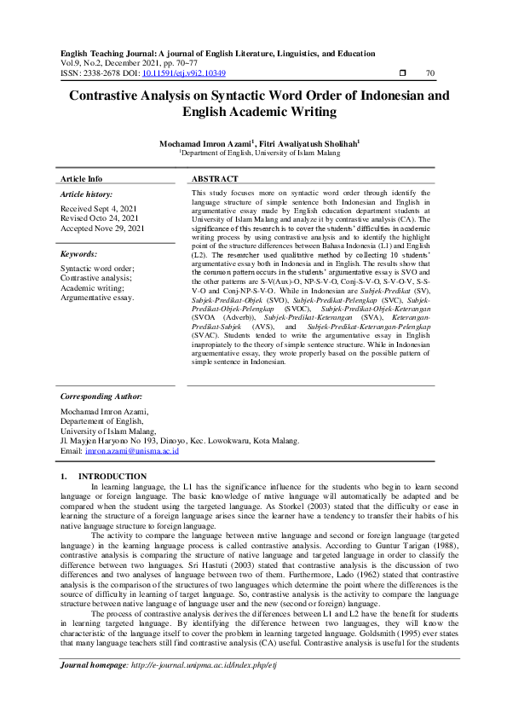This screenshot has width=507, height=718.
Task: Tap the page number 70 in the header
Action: pyautogui.click(x=429, y=73)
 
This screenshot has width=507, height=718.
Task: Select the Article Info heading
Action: pyautogui.click(x=81, y=180)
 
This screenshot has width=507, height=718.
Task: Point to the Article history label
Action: pyautogui.click(x=87, y=194)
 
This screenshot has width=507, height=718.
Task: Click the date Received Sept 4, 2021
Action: pyautogui.click(x=98, y=209)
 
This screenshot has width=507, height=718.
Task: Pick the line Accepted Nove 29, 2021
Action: pyautogui.click(x=102, y=229)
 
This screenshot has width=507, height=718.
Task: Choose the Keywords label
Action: pyautogui.click(x=78, y=254)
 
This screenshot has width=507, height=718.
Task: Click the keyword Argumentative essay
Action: pyautogui.click(x=97, y=298)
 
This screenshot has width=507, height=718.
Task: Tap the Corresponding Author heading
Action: pyautogui.click(x=101, y=397)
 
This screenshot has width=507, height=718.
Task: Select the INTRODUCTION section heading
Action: pyautogui.click(x=112, y=476)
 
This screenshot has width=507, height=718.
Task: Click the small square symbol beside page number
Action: pyautogui.click(x=401, y=73)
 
